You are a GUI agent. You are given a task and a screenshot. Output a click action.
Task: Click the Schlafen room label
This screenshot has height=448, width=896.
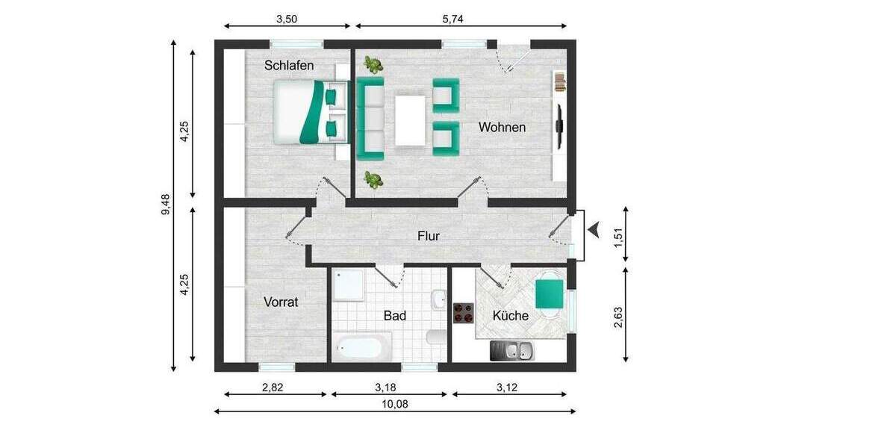pyautogui.click(x=289, y=66)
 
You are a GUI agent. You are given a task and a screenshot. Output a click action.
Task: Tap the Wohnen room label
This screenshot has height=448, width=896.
pyautogui.click(x=502, y=127)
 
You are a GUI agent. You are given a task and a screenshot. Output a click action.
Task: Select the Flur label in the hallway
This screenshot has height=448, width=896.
pyautogui.click(x=429, y=236)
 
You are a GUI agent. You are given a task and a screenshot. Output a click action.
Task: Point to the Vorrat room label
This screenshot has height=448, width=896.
pyautogui.click(x=281, y=302)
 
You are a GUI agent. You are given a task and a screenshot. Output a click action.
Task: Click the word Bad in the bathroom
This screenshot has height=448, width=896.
pyautogui.click(x=395, y=316)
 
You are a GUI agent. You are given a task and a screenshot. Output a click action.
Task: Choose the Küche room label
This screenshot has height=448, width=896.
pyautogui.click(x=511, y=316)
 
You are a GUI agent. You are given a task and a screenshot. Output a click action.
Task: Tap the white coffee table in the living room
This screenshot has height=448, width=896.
pyautogui.click(x=409, y=119)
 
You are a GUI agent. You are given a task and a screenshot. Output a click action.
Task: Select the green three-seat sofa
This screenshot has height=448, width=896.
pyautogui.click(x=370, y=118)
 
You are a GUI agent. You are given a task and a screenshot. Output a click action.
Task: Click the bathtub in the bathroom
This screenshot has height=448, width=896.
pyautogui.click(x=362, y=346)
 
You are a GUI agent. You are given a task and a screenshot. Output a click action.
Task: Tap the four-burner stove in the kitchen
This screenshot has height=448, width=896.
pyautogui.click(x=464, y=312)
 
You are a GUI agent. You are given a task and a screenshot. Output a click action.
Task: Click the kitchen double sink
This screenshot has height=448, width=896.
pyautogui.click(x=512, y=349)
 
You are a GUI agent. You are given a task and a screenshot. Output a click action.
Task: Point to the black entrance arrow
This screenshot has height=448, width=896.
pyautogui.click(x=595, y=231)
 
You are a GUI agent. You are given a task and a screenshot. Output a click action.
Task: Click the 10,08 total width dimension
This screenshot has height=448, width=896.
pyautogui.click(x=396, y=404)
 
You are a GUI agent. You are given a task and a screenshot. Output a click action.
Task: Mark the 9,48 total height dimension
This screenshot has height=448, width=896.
pyautogui.click(x=165, y=205)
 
